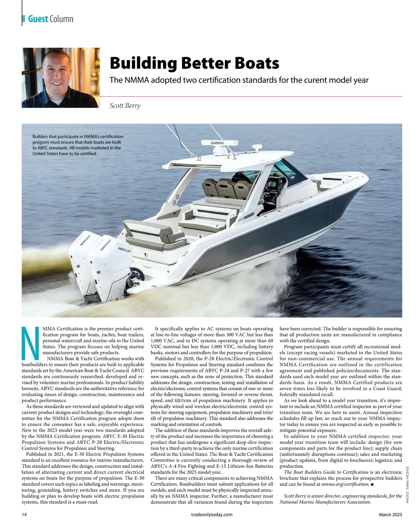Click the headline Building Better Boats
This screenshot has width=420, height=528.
194,63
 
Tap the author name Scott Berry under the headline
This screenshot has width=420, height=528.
125,105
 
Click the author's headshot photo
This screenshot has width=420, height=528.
61,77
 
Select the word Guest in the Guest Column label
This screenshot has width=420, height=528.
38,19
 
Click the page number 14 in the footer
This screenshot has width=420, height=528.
24,514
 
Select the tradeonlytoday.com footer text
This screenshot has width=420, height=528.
210,514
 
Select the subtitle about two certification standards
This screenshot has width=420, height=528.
239,80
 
